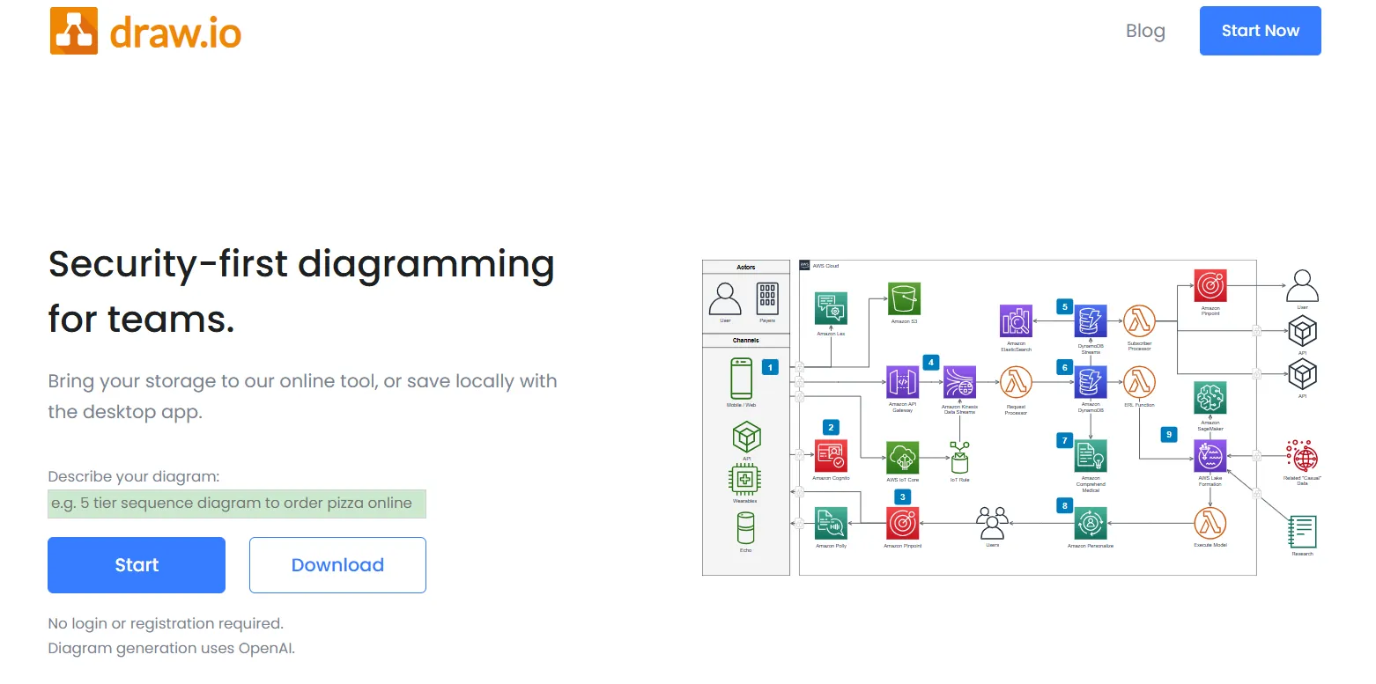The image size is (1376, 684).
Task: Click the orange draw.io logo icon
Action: tap(74, 31)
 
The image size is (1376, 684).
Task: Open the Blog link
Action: tap(1145, 31)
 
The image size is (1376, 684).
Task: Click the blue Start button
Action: tap(137, 565)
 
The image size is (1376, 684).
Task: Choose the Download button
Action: tap(337, 565)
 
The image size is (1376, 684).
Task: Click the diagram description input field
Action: tap(237, 504)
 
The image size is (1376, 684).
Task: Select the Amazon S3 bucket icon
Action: tap(904, 299)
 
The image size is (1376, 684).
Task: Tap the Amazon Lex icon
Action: tap(831, 310)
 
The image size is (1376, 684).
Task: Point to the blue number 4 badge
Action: tap(931, 362)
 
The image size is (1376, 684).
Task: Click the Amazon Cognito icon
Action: tap(831, 455)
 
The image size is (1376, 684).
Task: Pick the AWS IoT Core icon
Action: tap(902, 458)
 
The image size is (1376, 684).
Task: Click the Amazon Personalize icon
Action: tap(1091, 524)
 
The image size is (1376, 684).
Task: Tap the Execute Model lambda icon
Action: tap(1210, 524)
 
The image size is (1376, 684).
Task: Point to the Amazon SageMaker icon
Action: tap(1210, 399)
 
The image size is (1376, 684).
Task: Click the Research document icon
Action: tap(1302, 532)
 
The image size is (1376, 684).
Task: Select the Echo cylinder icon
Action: tap(746, 528)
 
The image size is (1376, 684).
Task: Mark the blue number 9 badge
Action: tap(1169, 434)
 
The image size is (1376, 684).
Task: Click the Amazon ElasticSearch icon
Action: tap(1016, 321)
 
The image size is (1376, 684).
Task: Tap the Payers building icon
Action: tap(767, 299)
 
